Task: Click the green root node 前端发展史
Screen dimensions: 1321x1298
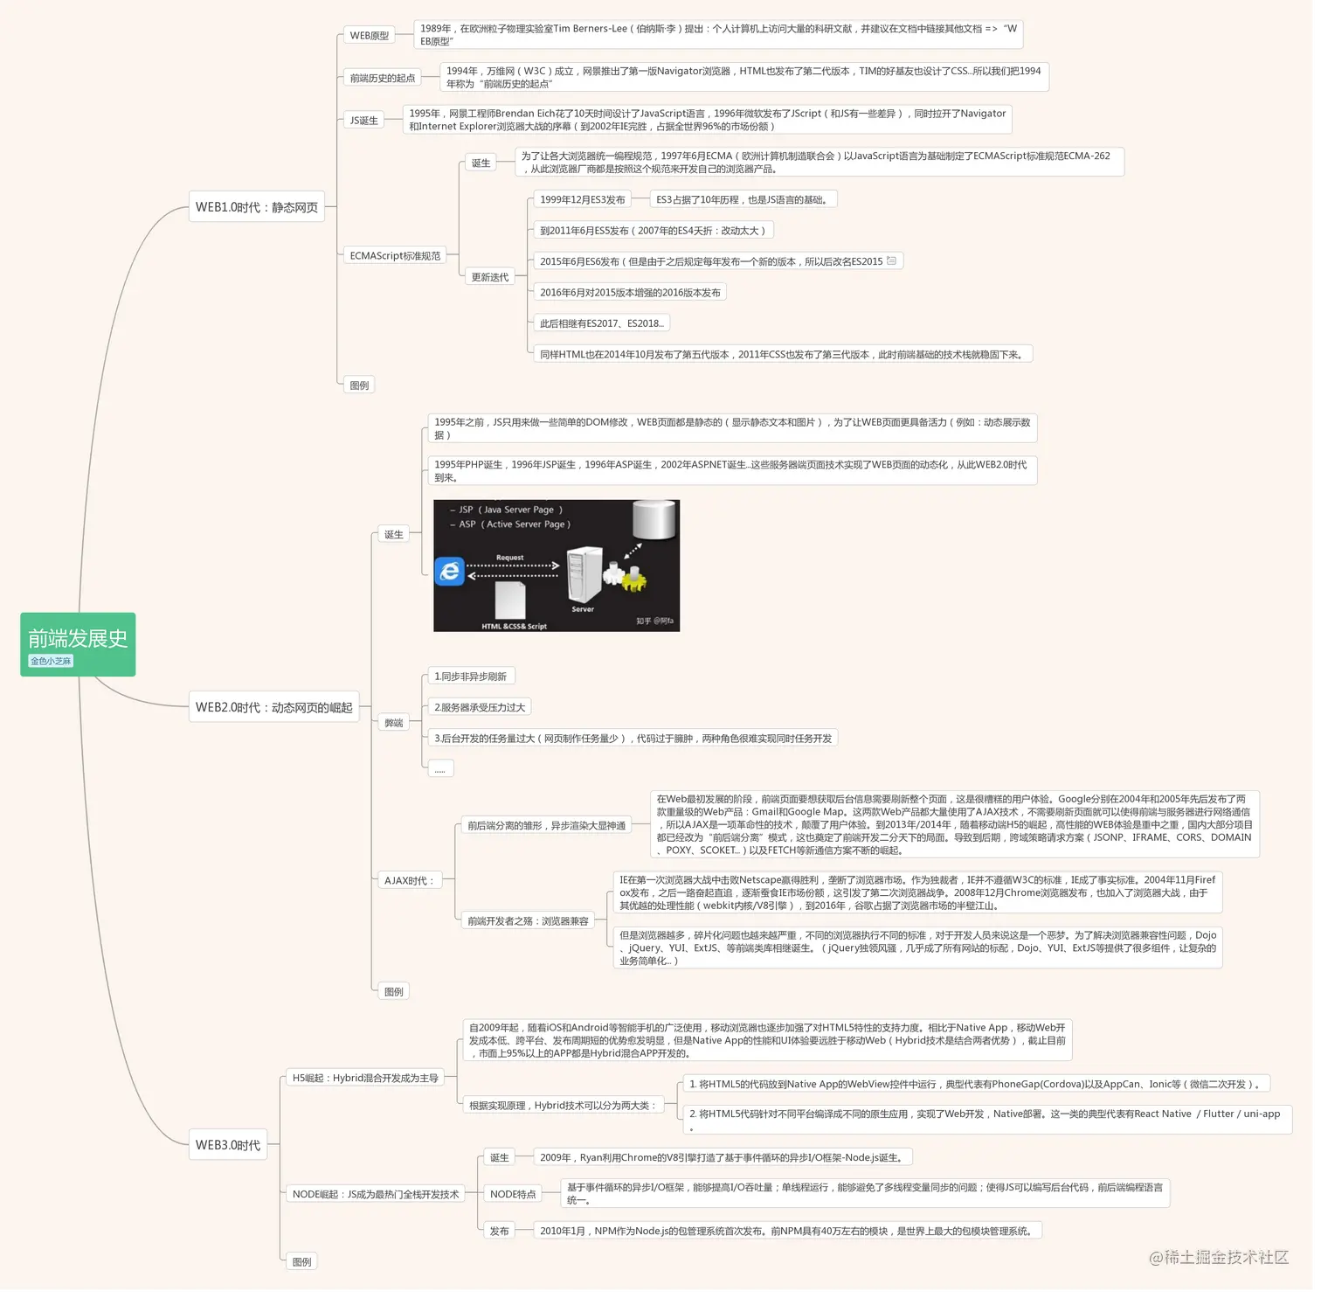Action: point(78,644)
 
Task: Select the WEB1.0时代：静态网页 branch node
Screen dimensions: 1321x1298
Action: point(257,207)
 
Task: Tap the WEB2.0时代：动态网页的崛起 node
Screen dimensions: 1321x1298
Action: point(274,707)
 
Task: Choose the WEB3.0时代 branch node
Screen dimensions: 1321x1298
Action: point(228,1144)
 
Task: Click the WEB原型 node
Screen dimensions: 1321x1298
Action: point(370,36)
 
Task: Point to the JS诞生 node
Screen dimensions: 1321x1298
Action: point(364,121)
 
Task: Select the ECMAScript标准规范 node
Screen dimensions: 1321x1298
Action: point(395,255)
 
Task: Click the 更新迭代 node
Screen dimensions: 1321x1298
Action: point(490,277)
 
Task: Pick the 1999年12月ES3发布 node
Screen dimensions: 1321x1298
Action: point(583,199)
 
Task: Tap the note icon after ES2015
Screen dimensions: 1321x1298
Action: point(891,260)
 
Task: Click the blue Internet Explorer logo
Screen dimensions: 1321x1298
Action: point(450,572)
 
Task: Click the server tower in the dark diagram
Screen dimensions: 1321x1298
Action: point(584,573)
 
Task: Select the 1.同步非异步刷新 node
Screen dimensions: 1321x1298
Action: point(471,676)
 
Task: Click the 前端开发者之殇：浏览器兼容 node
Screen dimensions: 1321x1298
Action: point(528,920)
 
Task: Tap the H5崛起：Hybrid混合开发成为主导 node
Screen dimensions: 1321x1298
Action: point(365,1078)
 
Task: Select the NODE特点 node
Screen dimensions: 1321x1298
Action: point(513,1194)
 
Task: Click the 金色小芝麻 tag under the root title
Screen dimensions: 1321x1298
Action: point(51,661)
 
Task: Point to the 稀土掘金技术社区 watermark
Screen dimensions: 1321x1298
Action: point(1219,1257)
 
